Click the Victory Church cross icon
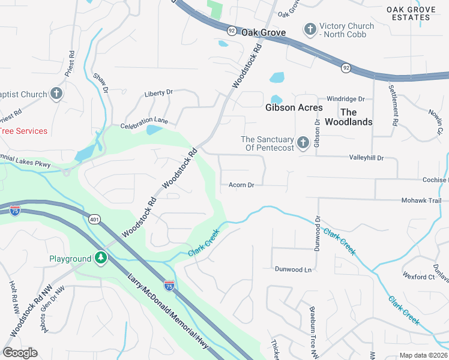point(310,29)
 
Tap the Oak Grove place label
point(263,32)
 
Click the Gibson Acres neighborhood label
point(294,108)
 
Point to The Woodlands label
point(348,117)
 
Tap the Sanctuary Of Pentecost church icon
point(303,143)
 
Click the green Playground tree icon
point(101,259)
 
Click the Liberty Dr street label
point(158,93)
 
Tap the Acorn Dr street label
point(242,185)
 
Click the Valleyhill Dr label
point(366,158)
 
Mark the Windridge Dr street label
point(346,98)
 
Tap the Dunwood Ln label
point(293,270)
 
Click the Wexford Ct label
point(419,277)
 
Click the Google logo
point(20,353)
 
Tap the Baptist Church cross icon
point(56,94)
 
